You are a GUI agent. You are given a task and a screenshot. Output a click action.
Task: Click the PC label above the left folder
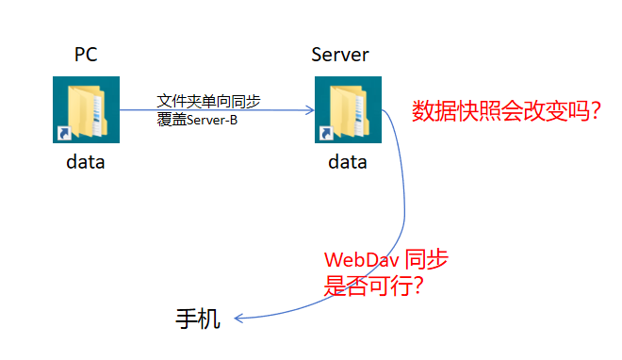pos(86,55)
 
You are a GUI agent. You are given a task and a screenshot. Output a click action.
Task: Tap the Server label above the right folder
pos(339,55)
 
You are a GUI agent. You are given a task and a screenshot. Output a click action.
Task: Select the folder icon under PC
pos(84,110)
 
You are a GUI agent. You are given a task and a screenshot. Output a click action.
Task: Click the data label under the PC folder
pos(85,162)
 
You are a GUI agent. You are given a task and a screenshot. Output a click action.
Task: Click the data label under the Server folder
pos(347,162)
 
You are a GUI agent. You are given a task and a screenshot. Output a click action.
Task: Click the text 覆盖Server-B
pos(198,120)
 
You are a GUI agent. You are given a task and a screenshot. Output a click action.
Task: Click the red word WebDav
pos(356,260)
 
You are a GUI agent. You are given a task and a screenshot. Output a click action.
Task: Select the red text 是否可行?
pos(373,286)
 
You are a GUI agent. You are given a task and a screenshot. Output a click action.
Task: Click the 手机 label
pos(199,319)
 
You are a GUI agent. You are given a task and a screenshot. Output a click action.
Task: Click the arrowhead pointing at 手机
pos(239,319)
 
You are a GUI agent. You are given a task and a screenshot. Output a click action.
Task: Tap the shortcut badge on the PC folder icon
pos(62,135)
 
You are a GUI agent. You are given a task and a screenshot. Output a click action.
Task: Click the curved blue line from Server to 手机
pos(403,207)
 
